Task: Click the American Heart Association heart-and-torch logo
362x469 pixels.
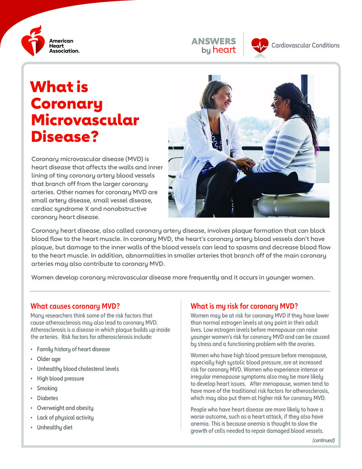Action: pyautogui.click(x=33, y=40)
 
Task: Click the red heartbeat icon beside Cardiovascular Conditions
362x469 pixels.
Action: pyautogui.click(x=260, y=45)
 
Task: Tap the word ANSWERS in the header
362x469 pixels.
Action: pyautogui.click(x=214, y=41)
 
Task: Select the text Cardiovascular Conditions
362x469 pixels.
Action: pyautogui.click(x=305, y=45)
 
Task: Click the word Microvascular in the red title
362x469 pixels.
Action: pyautogui.click(x=85, y=121)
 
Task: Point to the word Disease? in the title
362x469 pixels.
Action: pyautogui.click(x=64, y=137)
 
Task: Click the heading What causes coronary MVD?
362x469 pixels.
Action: pyautogui.click(x=75, y=306)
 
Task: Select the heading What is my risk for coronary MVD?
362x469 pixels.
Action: pyautogui.click(x=244, y=306)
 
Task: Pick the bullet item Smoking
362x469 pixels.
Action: pyautogui.click(x=47, y=388)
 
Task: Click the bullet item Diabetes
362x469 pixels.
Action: pyautogui.click(x=48, y=398)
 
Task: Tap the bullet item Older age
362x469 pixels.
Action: pyautogui.click(x=48, y=359)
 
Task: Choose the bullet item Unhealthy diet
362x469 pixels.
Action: pyautogui.click(x=54, y=427)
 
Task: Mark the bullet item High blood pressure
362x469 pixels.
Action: pyautogui.click(x=60, y=379)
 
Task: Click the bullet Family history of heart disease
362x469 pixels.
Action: pyautogui.click(x=73, y=349)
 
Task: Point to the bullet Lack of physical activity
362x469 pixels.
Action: pyautogui.click(x=65, y=418)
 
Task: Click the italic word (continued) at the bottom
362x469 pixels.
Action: pyautogui.click(x=324, y=440)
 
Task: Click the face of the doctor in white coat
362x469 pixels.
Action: pyautogui.click(x=221, y=96)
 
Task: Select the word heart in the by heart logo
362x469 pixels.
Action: pyautogui.click(x=224, y=50)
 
